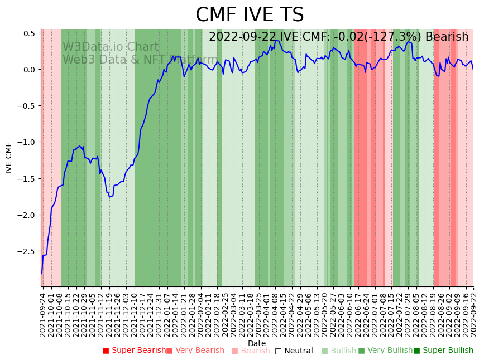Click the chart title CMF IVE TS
pos(250,15)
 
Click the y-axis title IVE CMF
pos(9,158)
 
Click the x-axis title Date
pos(257,343)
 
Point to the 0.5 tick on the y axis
pos(29,33)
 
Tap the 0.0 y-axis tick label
pos(29,70)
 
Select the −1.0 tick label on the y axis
pos(27,142)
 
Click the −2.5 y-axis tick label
pos(27,251)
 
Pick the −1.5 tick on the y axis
pos(27,179)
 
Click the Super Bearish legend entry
pos(135,351)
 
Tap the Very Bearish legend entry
pos(195,351)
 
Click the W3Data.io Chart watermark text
pos(111,47)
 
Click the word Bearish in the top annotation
pos(447,37)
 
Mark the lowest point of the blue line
pos(41,274)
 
